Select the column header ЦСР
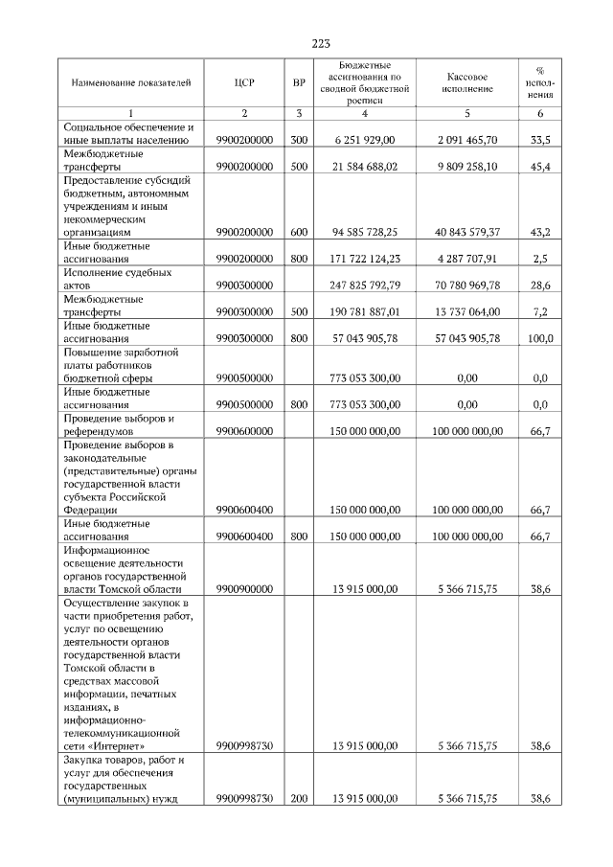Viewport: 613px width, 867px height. click(x=244, y=82)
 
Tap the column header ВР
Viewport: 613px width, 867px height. click(x=299, y=82)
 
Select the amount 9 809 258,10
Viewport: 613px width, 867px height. click(x=466, y=166)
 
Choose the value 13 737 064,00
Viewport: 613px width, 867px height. click(x=466, y=311)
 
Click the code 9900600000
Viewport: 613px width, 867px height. click(x=244, y=431)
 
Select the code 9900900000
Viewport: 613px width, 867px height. click(x=244, y=590)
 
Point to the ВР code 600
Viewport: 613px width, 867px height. click(x=299, y=232)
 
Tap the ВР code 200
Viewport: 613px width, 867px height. click(x=299, y=798)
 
